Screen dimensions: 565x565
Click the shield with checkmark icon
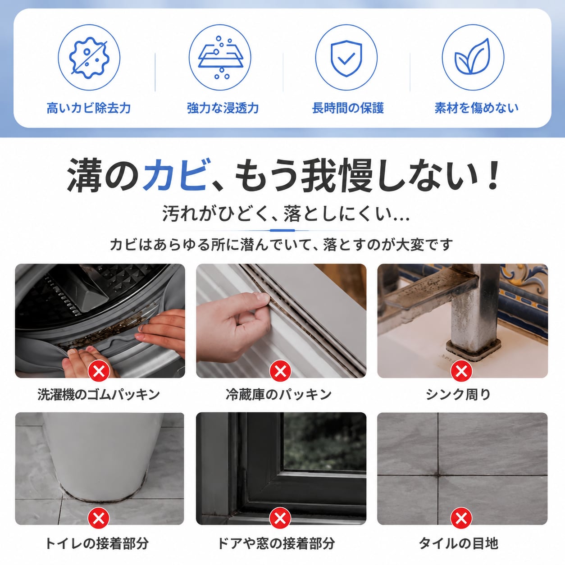pyautogui.click(x=346, y=58)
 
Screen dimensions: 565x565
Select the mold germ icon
pyautogui.click(x=89, y=58)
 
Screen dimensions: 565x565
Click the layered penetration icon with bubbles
pyautogui.click(x=220, y=58)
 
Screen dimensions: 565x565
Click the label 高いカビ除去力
pyautogui.click(x=89, y=108)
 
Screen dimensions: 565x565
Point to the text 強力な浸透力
pyautogui.click(x=223, y=108)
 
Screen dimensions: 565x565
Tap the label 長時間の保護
pyautogui.click(x=348, y=108)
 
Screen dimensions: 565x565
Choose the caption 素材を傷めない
pyautogui.click(x=476, y=108)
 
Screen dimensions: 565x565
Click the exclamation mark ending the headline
pyautogui.click(x=492, y=175)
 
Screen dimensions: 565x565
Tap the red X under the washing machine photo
pyautogui.click(x=99, y=371)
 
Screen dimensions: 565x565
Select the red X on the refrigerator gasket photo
pyautogui.click(x=280, y=371)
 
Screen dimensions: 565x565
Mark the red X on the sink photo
pyautogui.click(x=461, y=371)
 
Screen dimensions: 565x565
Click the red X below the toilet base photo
pyautogui.click(x=99, y=518)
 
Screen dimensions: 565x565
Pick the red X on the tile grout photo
pyautogui.click(x=461, y=518)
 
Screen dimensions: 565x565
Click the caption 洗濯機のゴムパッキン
pyautogui.click(x=99, y=394)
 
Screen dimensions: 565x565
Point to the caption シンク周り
pyautogui.click(x=458, y=394)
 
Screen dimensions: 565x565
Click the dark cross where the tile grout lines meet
pyautogui.click(x=438, y=475)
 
